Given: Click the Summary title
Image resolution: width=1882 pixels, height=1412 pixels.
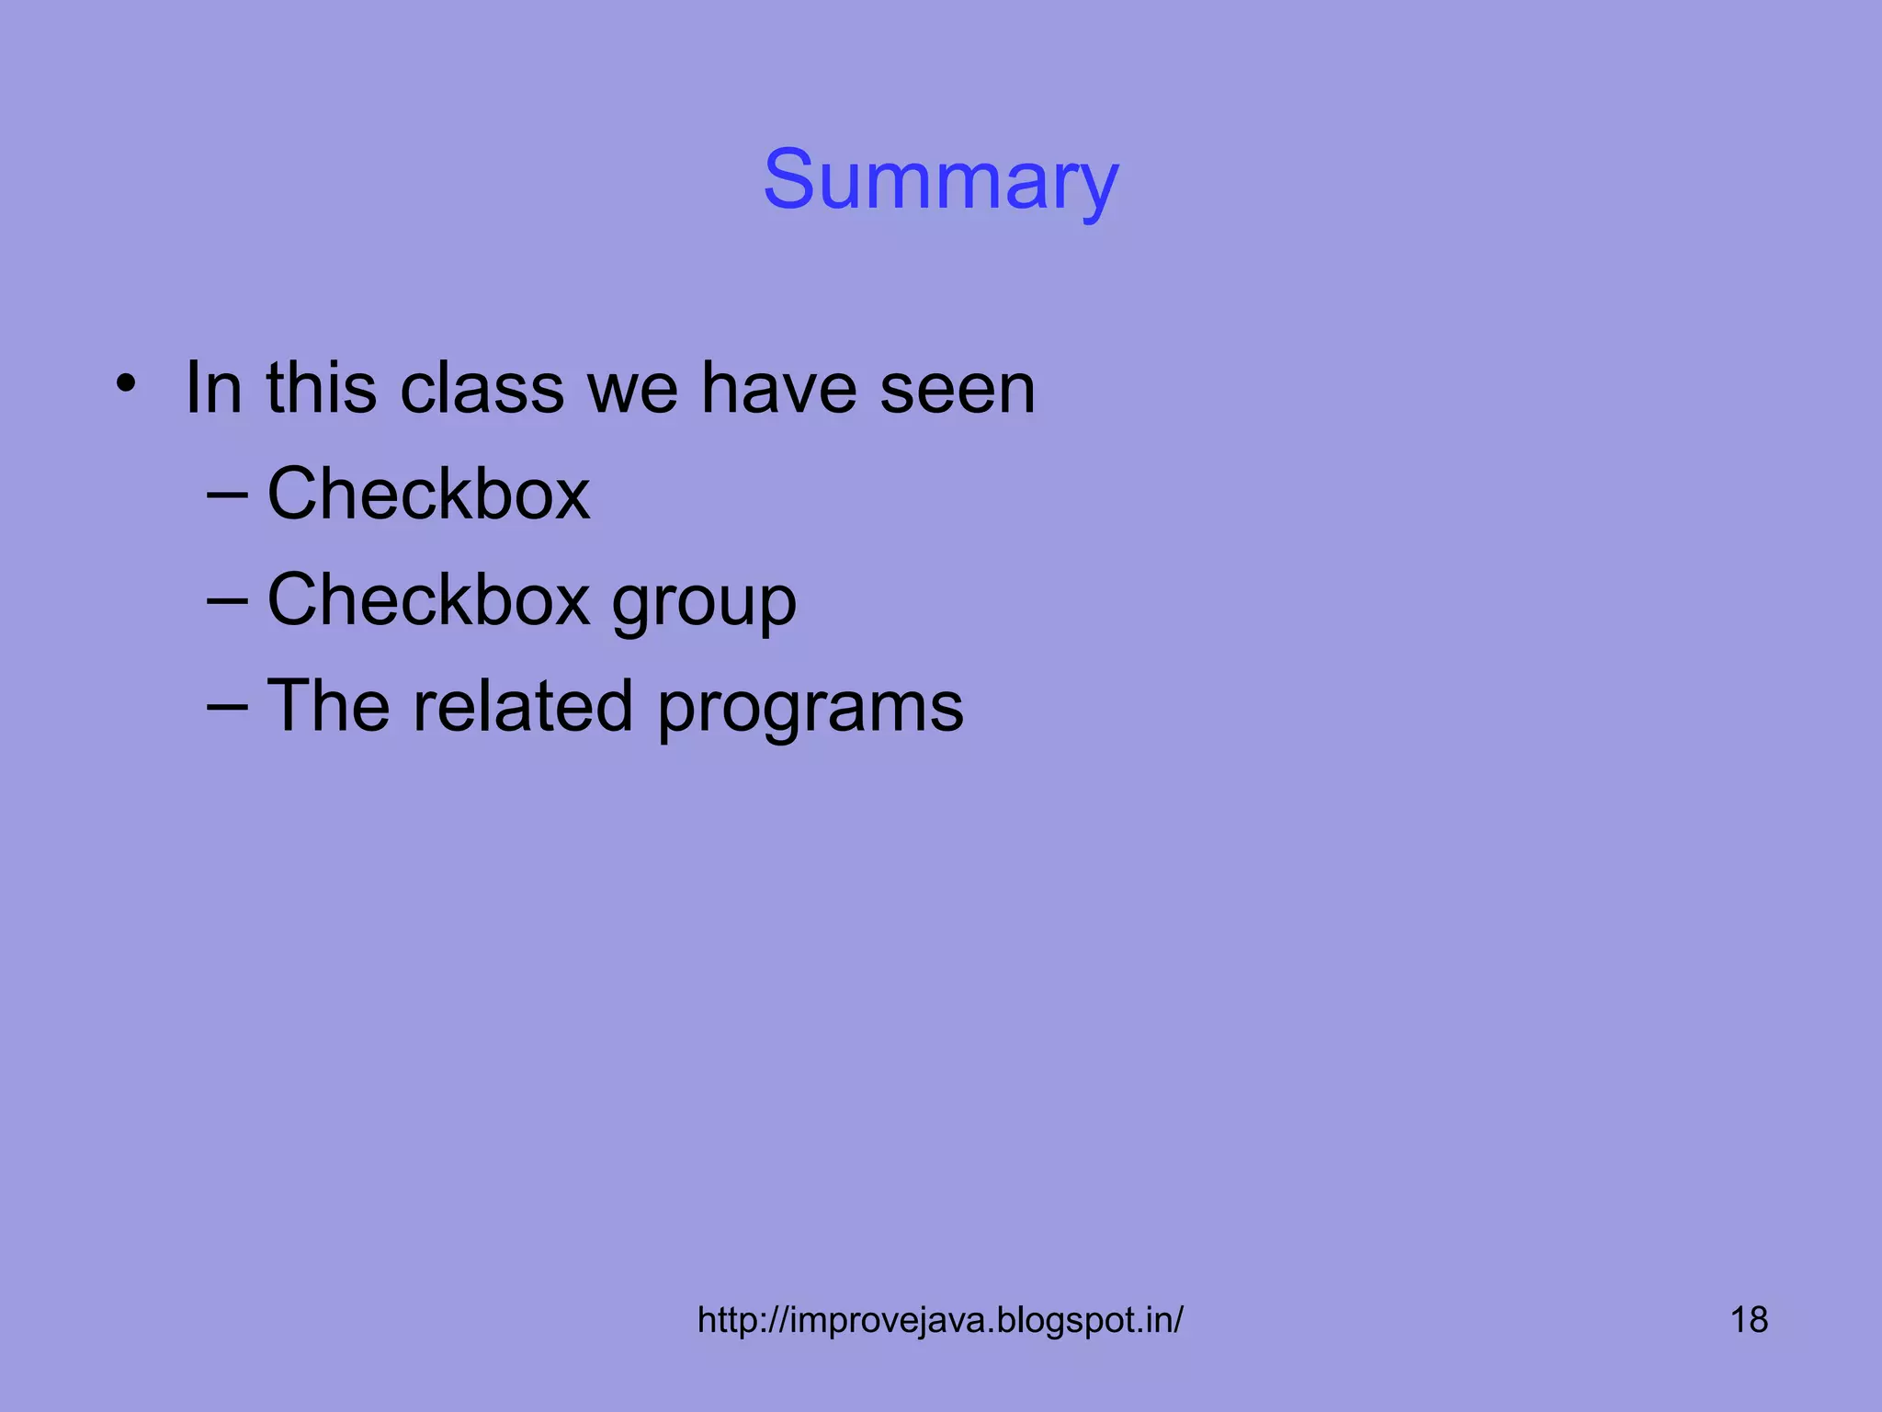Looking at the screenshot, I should [x=940, y=180].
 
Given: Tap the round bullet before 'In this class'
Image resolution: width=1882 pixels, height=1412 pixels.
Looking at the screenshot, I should [x=126, y=383].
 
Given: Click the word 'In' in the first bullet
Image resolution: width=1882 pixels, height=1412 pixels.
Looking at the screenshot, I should [x=214, y=388].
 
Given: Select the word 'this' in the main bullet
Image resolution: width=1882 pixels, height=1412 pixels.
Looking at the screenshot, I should [x=322, y=388].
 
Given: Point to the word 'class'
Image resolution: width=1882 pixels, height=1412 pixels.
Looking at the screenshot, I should [x=482, y=388].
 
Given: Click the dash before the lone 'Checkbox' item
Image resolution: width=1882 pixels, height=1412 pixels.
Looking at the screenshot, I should [x=227, y=495].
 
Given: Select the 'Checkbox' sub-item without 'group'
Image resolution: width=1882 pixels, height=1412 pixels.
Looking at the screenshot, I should [x=428, y=495].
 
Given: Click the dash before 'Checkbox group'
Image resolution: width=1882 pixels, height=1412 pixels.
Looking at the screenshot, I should [x=227, y=600].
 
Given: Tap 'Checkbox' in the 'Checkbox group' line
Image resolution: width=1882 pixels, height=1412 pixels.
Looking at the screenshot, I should [x=428, y=600].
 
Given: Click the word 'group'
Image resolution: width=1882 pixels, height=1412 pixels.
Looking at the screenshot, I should [x=704, y=605].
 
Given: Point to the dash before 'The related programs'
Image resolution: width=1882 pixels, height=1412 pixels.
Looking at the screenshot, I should [x=227, y=706].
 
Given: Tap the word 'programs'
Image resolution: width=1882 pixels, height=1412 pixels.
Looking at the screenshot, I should [x=810, y=711].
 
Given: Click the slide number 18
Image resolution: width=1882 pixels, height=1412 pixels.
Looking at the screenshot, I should [x=1749, y=1320].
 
